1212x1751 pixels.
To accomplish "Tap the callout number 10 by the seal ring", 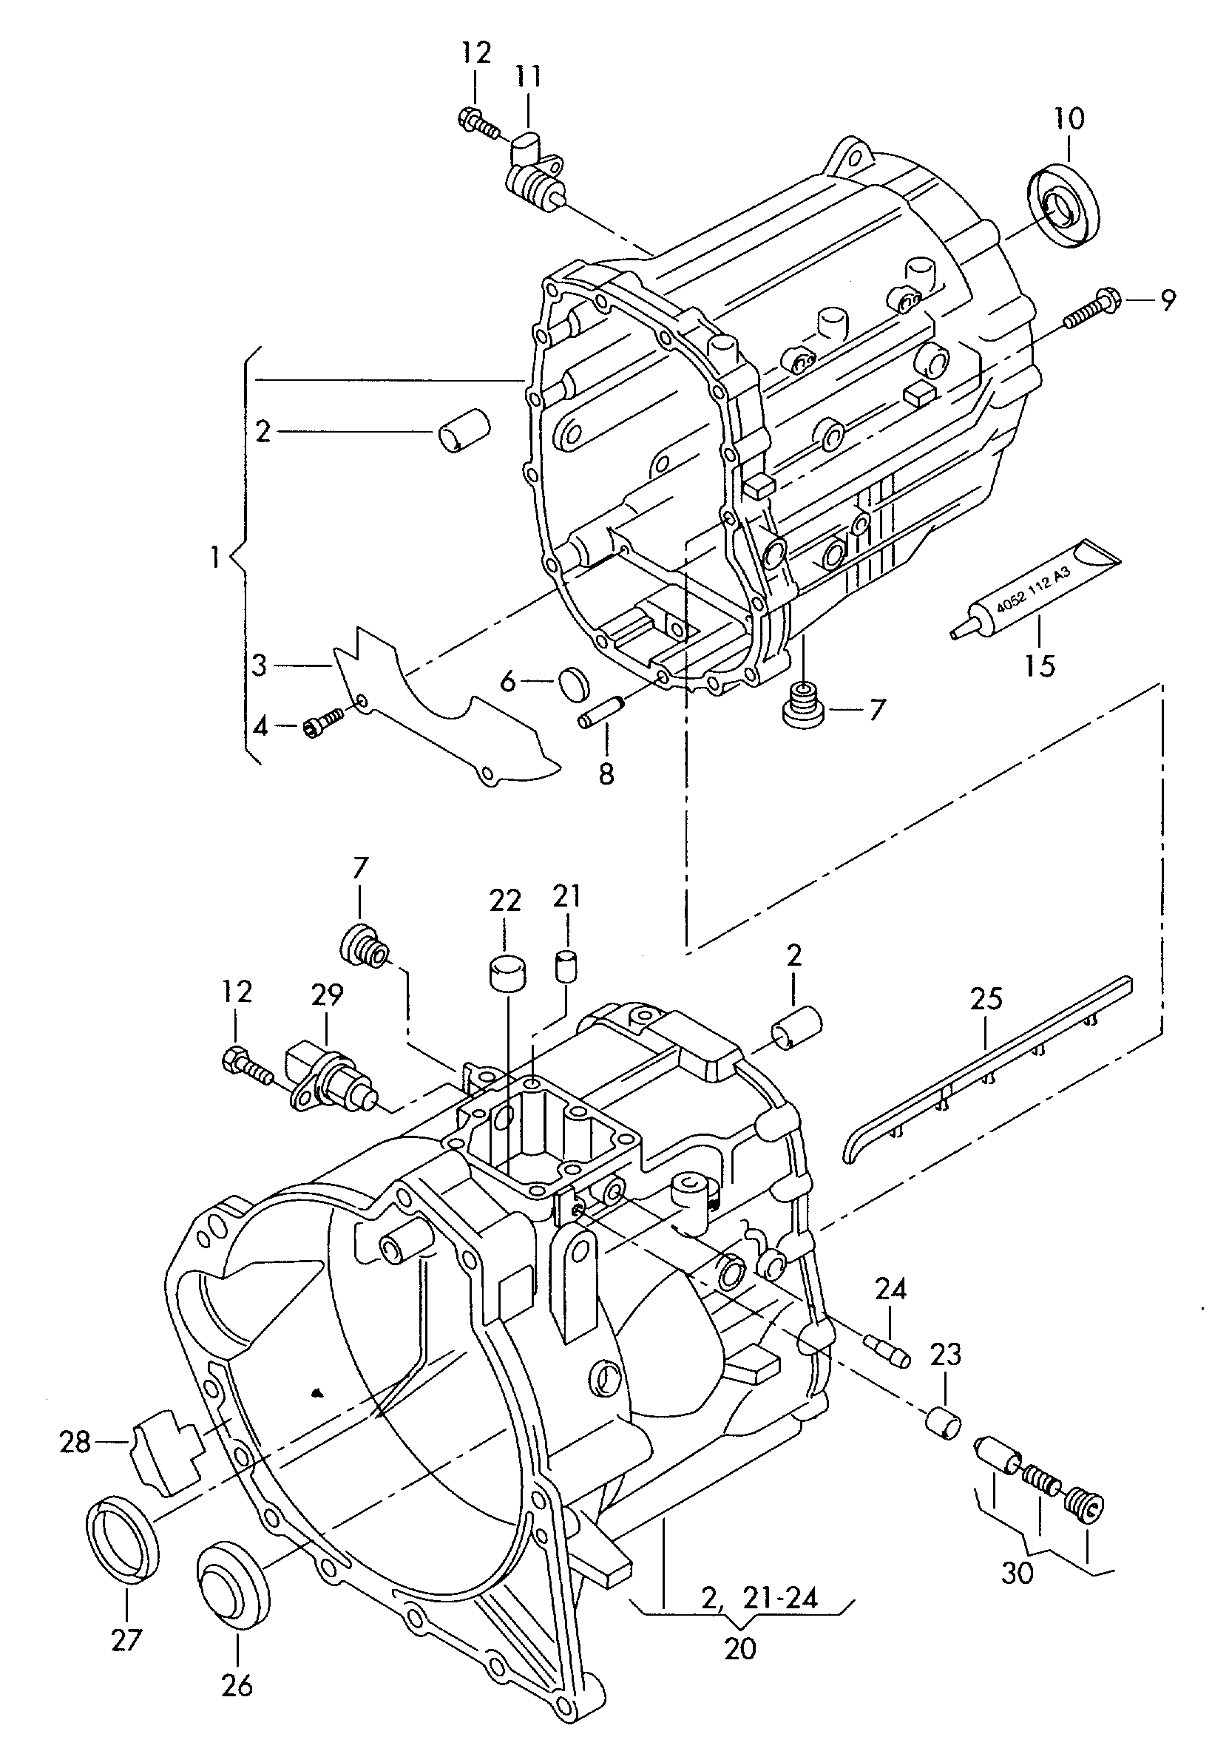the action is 1069,118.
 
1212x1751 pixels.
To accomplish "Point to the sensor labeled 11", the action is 535,173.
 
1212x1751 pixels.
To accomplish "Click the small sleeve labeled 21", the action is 566,965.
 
